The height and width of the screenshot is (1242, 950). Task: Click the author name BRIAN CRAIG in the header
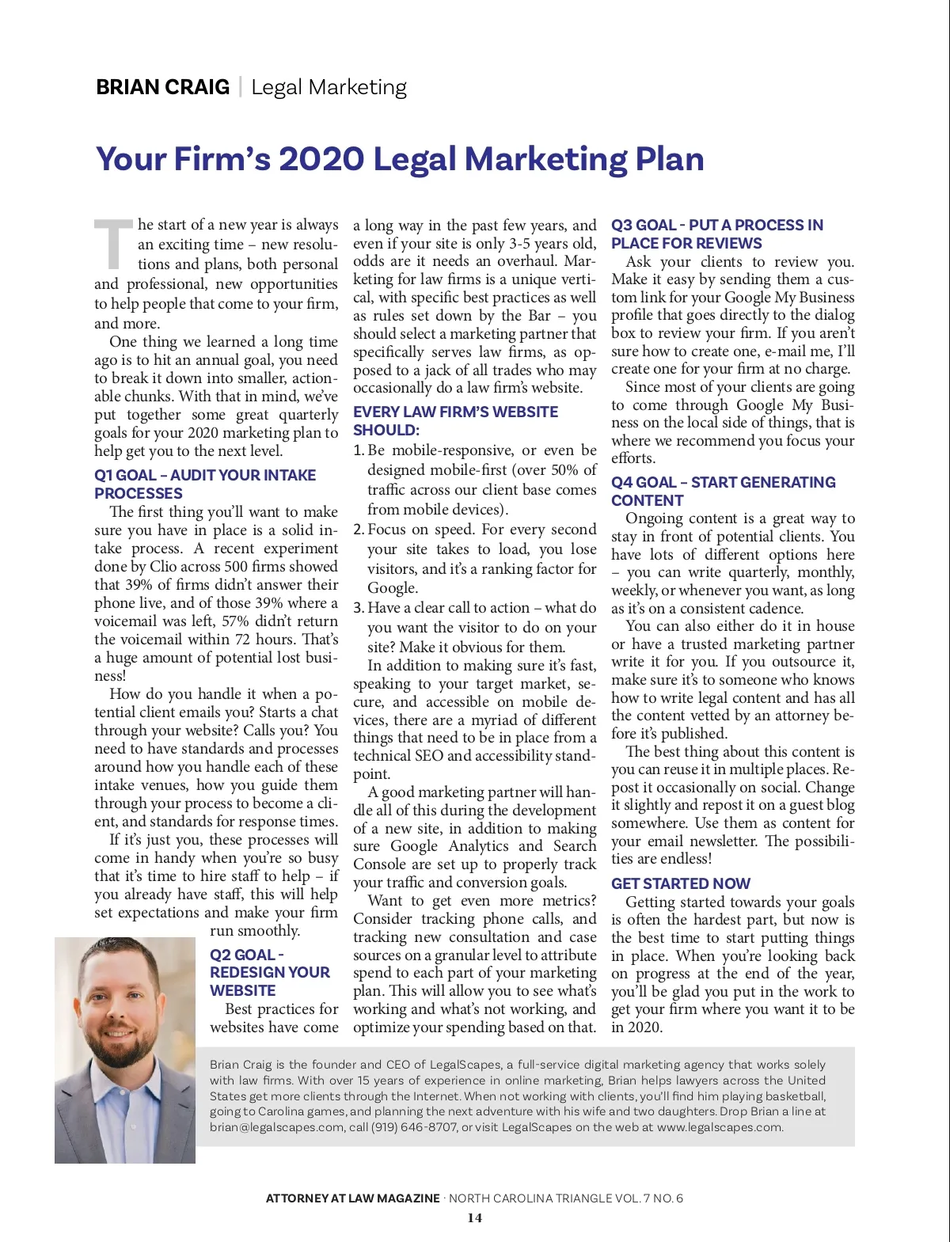tap(162, 87)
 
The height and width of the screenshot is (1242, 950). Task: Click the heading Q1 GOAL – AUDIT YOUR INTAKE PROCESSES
tap(204, 484)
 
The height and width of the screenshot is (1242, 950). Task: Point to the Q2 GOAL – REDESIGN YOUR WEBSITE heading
tap(269, 972)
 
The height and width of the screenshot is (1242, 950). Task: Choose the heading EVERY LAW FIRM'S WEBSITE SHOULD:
tap(455, 421)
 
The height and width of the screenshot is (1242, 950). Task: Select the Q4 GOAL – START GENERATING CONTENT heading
tap(723, 491)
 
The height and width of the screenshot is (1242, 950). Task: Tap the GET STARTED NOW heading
tap(680, 883)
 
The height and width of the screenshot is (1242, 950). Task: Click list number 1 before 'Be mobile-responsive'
tap(358, 450)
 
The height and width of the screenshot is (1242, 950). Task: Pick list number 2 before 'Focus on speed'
tap(358, 530)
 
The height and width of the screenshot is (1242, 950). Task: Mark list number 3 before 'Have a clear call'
tap(358, 608)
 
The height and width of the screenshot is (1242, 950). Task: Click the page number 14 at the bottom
tap(474, 1218)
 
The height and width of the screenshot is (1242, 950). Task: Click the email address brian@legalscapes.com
tap(277, 1127)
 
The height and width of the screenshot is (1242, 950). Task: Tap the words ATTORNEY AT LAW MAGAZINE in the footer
tap(352, 1198)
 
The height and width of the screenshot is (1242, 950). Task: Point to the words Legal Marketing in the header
tap(329, 87)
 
